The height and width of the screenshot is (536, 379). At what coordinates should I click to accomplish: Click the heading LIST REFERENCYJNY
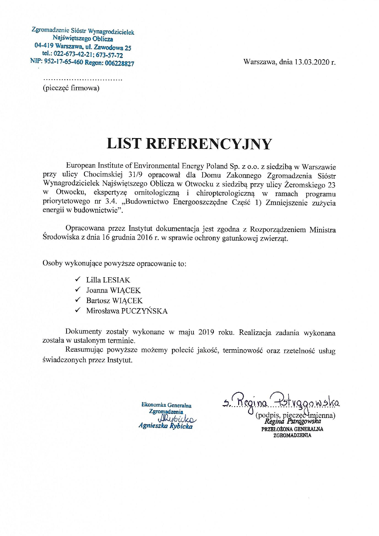pyautogui.click(x=190, y=144)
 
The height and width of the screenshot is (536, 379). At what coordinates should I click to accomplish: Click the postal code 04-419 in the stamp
pyautogui.click(x=44, y=46)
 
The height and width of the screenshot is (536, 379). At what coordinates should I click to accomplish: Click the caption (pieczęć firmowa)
pyautogui.click(x=71, y=88)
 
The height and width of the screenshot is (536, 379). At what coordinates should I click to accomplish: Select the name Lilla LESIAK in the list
pyautogui.click(x=108, y=280)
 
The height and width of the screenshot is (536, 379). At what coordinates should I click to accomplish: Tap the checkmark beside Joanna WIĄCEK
pyautogui.click(x=78, y=290)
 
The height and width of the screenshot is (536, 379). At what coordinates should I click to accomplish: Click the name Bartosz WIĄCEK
pyautogui.click(x=114, y=301)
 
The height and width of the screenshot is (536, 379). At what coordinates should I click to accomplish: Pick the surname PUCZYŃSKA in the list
pyautogui.click(x=144, y=311)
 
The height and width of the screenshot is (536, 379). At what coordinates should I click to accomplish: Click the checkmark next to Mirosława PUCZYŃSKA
pyautogui.click(x=78, y=311)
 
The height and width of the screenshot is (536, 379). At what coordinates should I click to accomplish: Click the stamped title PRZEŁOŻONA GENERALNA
pyautogui.click(x=292, y=429)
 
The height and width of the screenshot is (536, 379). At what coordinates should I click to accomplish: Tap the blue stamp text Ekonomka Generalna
pyautogui.click(x=166, y=406)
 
